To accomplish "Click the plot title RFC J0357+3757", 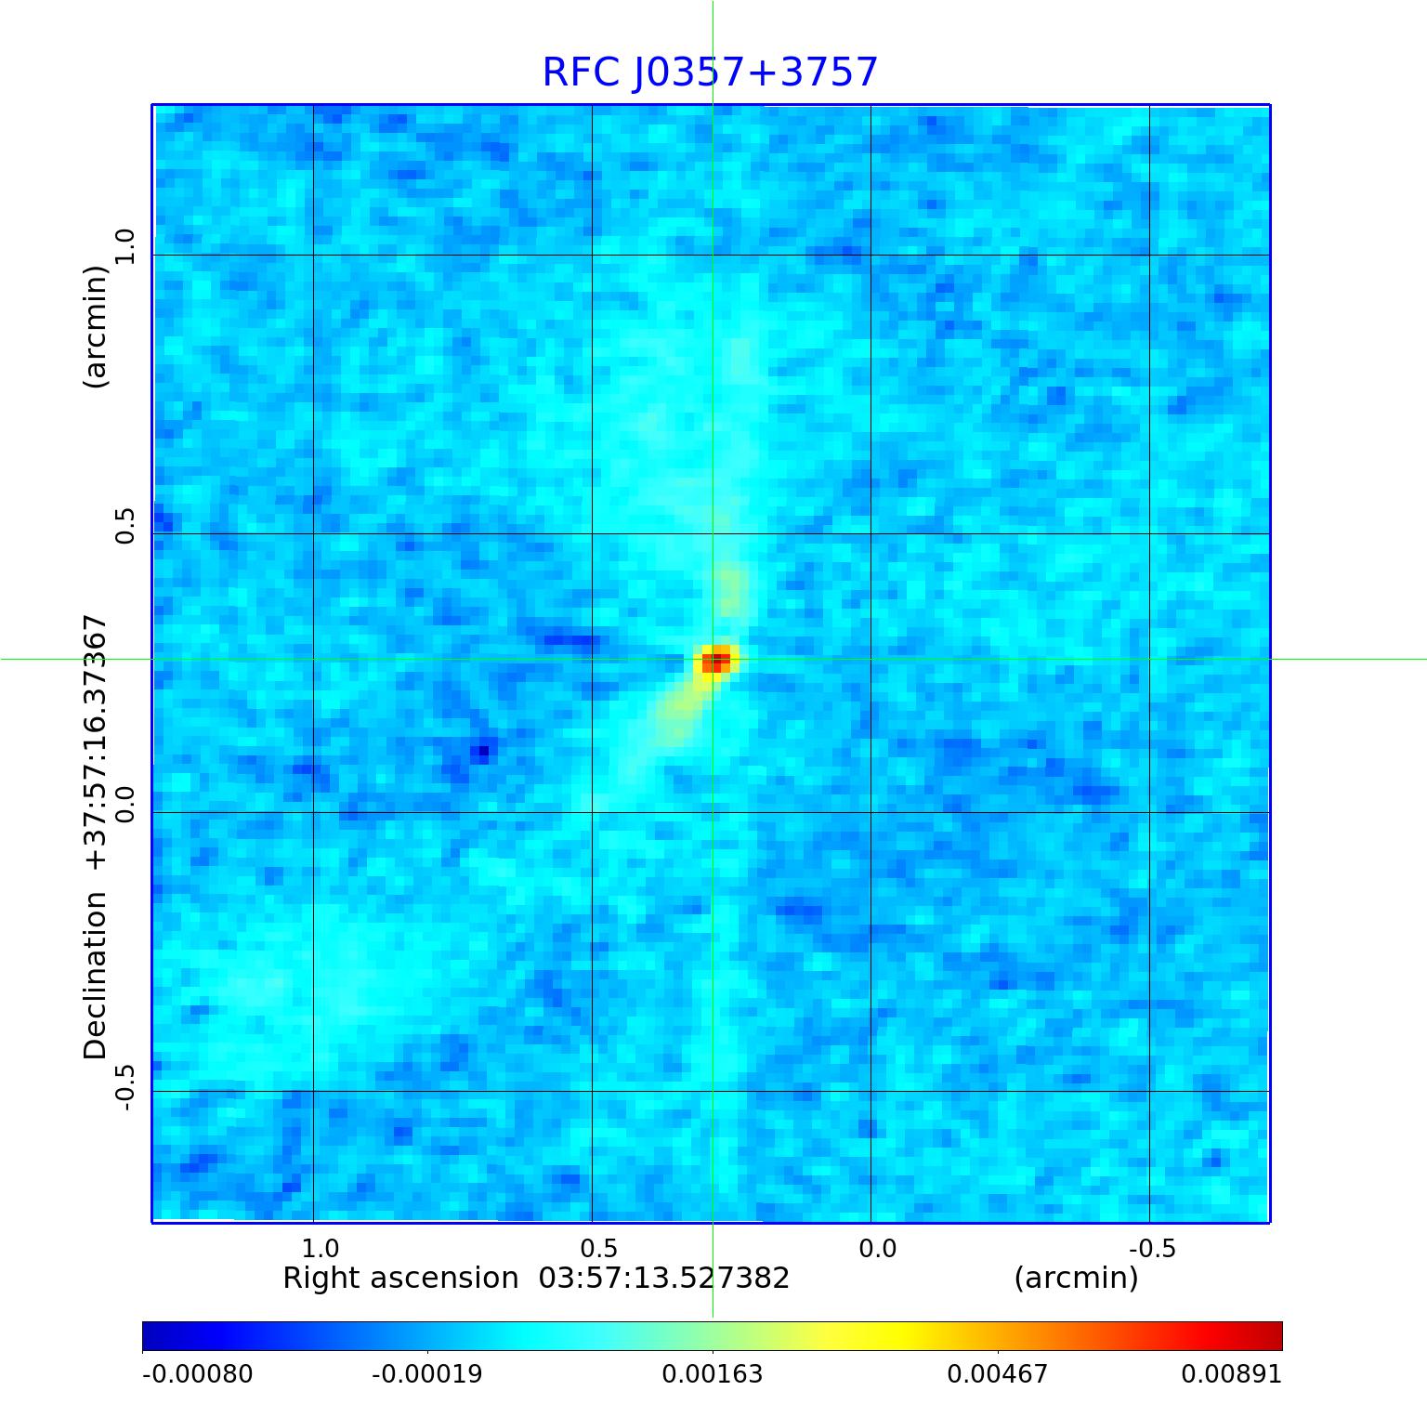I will pyautogui.click(x=710, y=72).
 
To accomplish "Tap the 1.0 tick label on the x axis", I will pyautogui.click(x=320, y=1248).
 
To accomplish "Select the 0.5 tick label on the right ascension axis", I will pyautogui.click(x=598, y=1248).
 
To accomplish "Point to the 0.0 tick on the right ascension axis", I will pyautogui.click(x=877, y=1248).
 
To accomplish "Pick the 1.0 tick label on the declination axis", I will pyautogui.click(x=124, y=247).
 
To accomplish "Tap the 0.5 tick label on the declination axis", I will pyautogui.click(x=124, y=526).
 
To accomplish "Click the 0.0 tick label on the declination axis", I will pyautogui.click(x=124, y=805).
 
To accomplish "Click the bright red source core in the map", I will pyautogui.click(x=715, y=662).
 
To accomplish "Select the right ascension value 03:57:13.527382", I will pyautogui.click(x=664, y=1279).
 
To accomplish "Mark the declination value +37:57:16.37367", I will pyautogui.click(x=96, y=741).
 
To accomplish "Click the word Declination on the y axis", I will pyautogui.click(x=96, y=976).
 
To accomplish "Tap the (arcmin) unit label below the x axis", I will pyautogui.click(x=1076, y=1279).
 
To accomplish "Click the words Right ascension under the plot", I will pyautogui.click(x=400, y=1279).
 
